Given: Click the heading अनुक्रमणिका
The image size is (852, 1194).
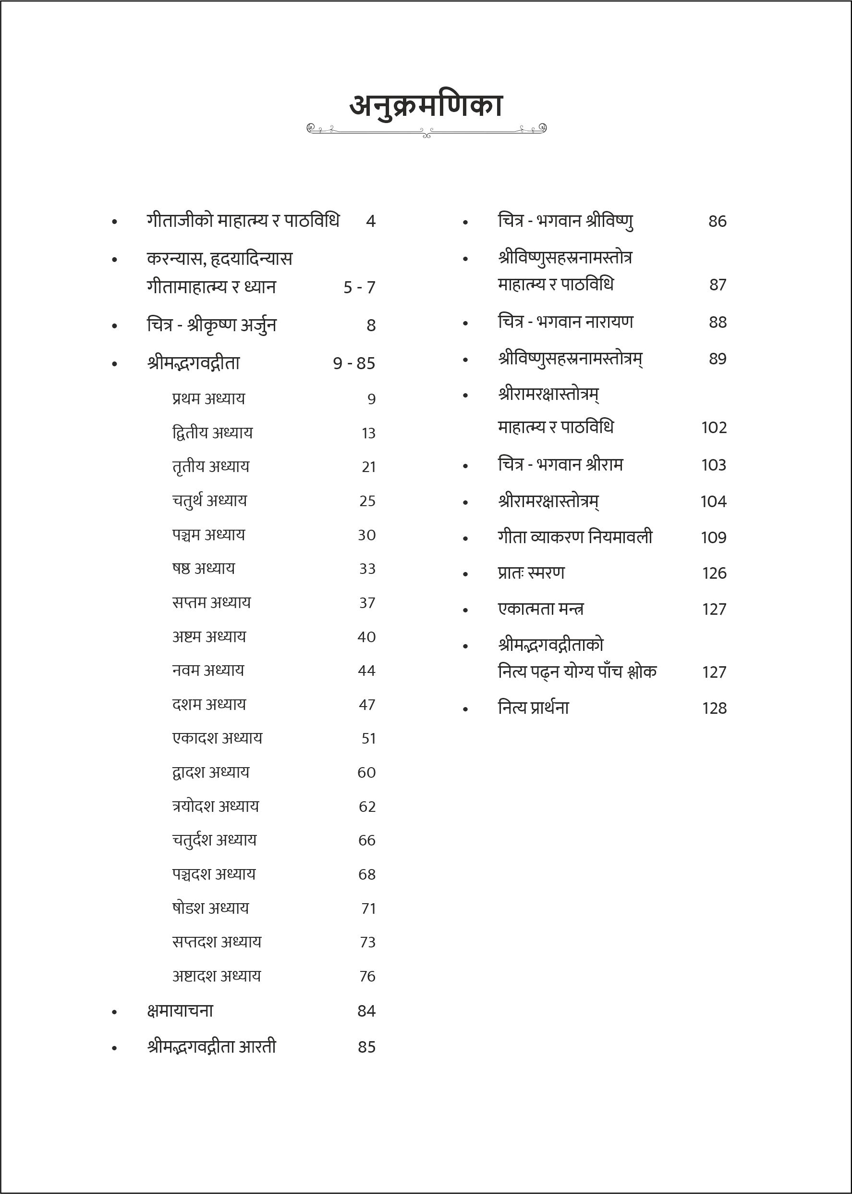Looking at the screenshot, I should [426, 106].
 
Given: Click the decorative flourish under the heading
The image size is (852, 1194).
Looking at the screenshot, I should [426, 130].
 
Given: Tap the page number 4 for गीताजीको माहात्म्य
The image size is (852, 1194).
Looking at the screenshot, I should [370, 221].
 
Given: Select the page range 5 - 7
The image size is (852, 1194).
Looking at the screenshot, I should [359, 287].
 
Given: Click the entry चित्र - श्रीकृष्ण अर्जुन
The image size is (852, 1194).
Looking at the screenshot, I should [211, 325].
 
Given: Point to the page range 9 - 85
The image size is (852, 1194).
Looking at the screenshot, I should [354, 363].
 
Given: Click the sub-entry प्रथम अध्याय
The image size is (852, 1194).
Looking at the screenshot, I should [208, 398].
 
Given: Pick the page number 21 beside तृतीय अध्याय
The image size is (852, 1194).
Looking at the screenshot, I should [368, 467].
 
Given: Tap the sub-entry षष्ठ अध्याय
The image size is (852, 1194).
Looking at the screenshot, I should [204, 568].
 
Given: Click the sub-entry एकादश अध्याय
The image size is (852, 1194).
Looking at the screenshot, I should [217, 738].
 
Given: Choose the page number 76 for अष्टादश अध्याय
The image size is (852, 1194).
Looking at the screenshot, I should [367, 976].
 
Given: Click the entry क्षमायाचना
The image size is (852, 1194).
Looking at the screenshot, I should [180, 1011].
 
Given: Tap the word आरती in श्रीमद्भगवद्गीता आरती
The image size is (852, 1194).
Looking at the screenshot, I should [257, 1047].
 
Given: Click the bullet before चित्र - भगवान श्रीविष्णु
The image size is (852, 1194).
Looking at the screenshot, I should [465, 223].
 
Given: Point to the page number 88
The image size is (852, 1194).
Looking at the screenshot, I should [717, 322].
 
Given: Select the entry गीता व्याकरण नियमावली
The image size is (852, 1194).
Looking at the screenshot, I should [574, 537].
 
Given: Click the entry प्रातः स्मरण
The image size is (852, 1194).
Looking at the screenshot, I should [531, 573].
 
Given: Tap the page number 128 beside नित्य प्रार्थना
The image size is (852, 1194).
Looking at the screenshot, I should [714, 709].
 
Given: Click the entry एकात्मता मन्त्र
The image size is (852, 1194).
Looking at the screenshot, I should [540, 609].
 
